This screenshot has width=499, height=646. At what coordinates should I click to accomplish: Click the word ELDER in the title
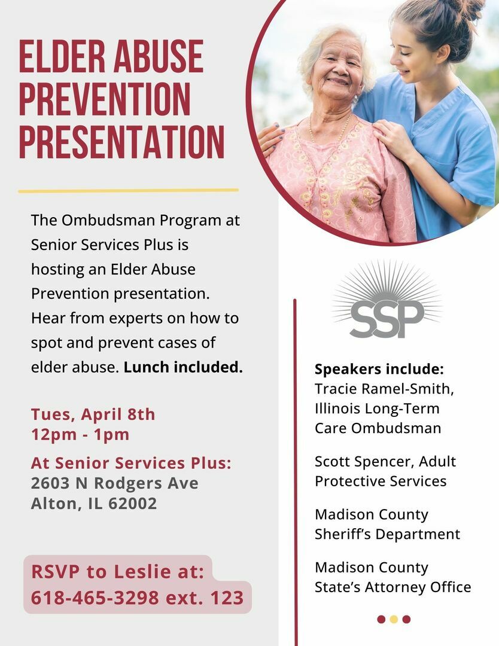click(62, 56)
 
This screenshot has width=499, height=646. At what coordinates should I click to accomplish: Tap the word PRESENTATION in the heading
click(122, 142)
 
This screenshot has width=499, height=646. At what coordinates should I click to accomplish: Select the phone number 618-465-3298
click(95, 598)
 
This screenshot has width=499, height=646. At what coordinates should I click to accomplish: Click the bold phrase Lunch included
click(183, 367)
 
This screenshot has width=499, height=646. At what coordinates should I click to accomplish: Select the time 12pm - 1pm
click(80, 435)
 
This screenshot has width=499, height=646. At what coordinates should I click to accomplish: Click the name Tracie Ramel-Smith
click(384, 389)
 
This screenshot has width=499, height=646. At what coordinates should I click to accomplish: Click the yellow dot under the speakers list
click(394, 619)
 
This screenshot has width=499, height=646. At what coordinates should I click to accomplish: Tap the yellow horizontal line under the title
click(128, 191)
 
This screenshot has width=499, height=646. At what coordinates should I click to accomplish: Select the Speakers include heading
click(379, 369)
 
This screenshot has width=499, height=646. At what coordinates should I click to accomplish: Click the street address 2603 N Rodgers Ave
click(114, 483)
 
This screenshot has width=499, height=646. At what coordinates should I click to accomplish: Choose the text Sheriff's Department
click(387, 534)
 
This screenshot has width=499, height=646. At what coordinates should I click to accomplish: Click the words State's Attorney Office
click(392, 587)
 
